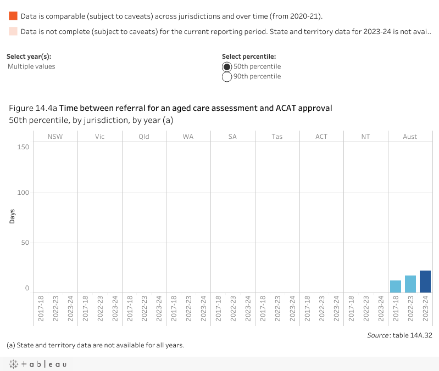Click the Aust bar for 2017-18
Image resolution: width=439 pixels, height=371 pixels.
[x=396, y=286]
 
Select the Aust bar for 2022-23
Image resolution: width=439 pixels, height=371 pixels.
[x=410, y=284]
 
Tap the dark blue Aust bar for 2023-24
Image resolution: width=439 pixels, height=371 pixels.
[x=425, y=282]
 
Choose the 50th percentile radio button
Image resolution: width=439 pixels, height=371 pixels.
[x=227, y=66]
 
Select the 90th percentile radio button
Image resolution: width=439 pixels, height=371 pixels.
[x=227, y=77]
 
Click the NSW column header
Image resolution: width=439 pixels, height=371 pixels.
[x=55, y=137]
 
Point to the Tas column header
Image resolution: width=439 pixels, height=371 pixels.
[x=277, y=137]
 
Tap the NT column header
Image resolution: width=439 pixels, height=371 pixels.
[x=366, y=137]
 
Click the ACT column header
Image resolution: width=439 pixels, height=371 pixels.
[x=321, y=137]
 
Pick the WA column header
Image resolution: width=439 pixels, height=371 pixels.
[x=188, y=137]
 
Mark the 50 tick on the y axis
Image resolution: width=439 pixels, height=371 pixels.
[x=25, y=243]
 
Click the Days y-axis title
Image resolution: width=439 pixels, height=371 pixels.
[x=12, y=216]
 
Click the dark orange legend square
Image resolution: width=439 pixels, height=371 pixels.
[x=13, y=16]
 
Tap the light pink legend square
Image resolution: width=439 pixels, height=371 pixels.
[x=13, y=31]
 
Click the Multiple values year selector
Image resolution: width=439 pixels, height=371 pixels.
[x=31, y=66]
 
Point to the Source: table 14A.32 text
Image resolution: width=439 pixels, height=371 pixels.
[x=399, y=335]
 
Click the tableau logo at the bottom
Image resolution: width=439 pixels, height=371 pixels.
[x=37, y=364]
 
